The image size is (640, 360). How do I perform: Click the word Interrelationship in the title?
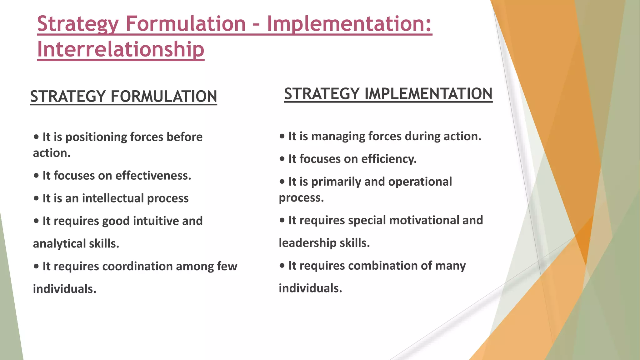[121, 49]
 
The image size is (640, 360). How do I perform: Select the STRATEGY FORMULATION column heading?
[123, 96]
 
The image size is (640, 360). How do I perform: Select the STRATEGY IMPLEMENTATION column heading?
[388, 94]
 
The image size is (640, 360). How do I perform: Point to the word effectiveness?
[153, 176]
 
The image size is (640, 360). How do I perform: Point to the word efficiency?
[389, 159]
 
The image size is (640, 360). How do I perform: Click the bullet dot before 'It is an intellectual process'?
[37, 198]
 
